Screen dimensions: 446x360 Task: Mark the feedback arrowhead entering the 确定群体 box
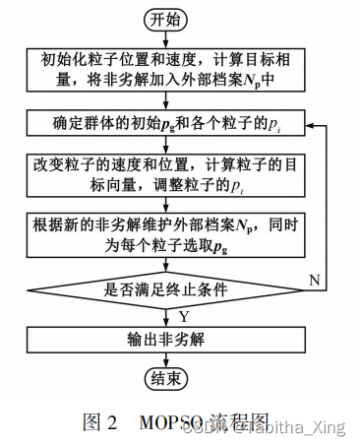pos(300,125)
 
